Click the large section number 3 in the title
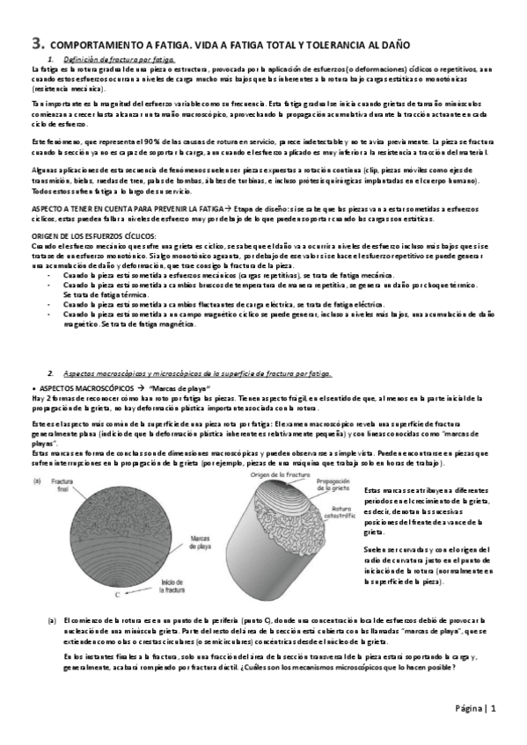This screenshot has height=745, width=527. pos(36,41)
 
